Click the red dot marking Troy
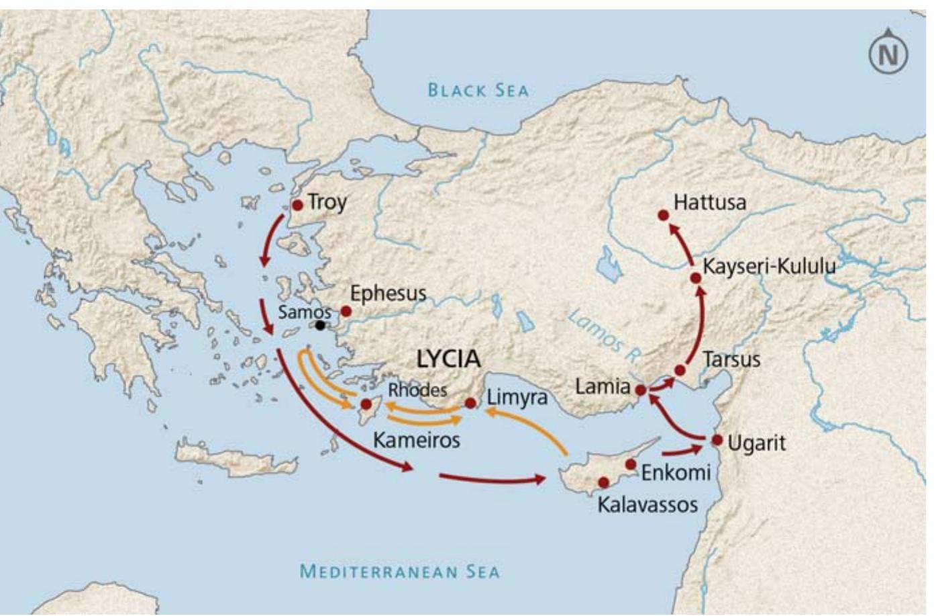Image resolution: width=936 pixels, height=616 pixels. coord(297,205)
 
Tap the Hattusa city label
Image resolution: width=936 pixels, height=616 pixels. coord(709,202)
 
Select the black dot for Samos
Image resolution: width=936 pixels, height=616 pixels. coord(321,326)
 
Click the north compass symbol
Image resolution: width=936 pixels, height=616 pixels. coord(888,53)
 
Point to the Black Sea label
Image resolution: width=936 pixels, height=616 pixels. coord(478,90)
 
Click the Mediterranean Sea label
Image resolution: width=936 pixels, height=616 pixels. coord(399,572)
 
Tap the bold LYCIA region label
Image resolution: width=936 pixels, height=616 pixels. coord(448,359)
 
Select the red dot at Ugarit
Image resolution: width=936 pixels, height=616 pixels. coord(717,440)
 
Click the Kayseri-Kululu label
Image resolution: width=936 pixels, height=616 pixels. coord(769,266)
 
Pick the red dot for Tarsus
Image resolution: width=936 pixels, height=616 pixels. coord(680,370)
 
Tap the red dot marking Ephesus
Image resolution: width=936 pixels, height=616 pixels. coord(346,311)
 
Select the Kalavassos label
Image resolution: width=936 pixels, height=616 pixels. coord(647,504)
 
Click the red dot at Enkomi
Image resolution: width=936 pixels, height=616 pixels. coord(631,464)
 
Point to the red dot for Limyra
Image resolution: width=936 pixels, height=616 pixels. coord(470,403)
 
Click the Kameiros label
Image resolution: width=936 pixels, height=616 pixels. coord(416,440)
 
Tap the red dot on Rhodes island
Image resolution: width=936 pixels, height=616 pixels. coord(366,404)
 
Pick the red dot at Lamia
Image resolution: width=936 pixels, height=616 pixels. coord(641,390)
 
